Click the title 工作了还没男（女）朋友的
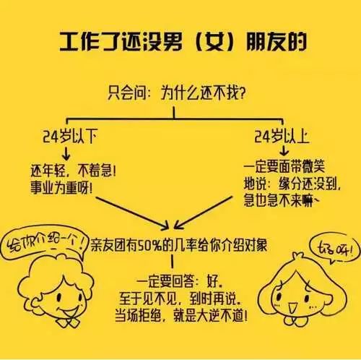183,42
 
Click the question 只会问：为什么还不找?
177,93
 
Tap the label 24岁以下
70,137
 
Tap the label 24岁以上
282,137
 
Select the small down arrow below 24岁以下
66,154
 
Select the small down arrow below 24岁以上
284,151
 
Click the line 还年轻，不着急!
74,171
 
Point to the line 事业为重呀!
61,188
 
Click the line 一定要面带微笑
284,166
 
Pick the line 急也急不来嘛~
281,200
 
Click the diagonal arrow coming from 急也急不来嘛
203,213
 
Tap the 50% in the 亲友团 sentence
149,246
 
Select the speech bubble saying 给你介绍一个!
45,242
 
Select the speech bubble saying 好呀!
335,249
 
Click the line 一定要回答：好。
179,281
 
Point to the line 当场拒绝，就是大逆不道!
181,316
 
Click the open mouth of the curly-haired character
68,312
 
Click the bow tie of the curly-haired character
68,322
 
